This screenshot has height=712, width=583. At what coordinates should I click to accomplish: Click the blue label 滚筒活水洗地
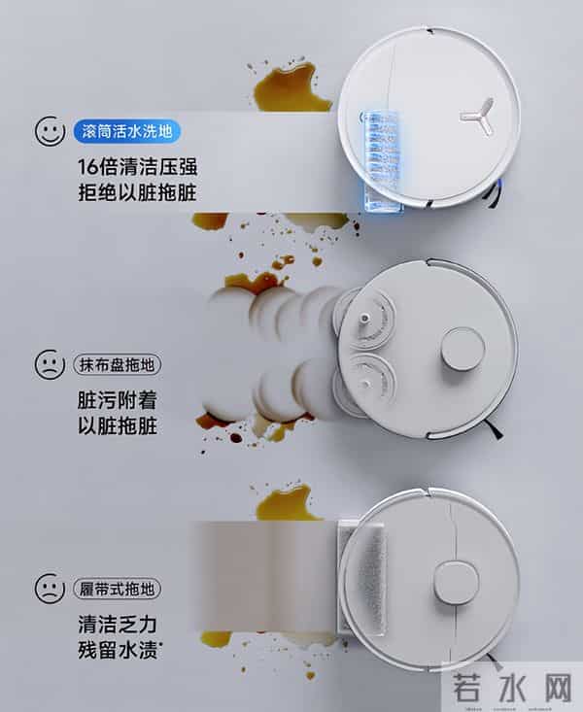pos(127,130)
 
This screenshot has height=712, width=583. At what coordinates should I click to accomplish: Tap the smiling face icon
pos(50,131)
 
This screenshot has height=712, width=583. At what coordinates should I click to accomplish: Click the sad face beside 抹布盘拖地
pos(50,366)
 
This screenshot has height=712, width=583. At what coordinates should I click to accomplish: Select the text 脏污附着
pos(117,399)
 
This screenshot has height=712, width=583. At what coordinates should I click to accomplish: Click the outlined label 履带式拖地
pos(117,589)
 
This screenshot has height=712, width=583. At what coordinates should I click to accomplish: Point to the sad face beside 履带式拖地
pos(50,589)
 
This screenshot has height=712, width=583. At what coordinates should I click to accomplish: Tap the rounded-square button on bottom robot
pos(456,581)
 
